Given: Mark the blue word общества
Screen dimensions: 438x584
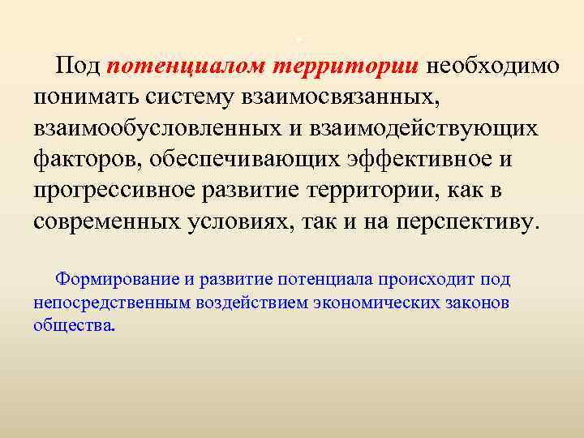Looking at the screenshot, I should pyautogui.click(x=74, y=326).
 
